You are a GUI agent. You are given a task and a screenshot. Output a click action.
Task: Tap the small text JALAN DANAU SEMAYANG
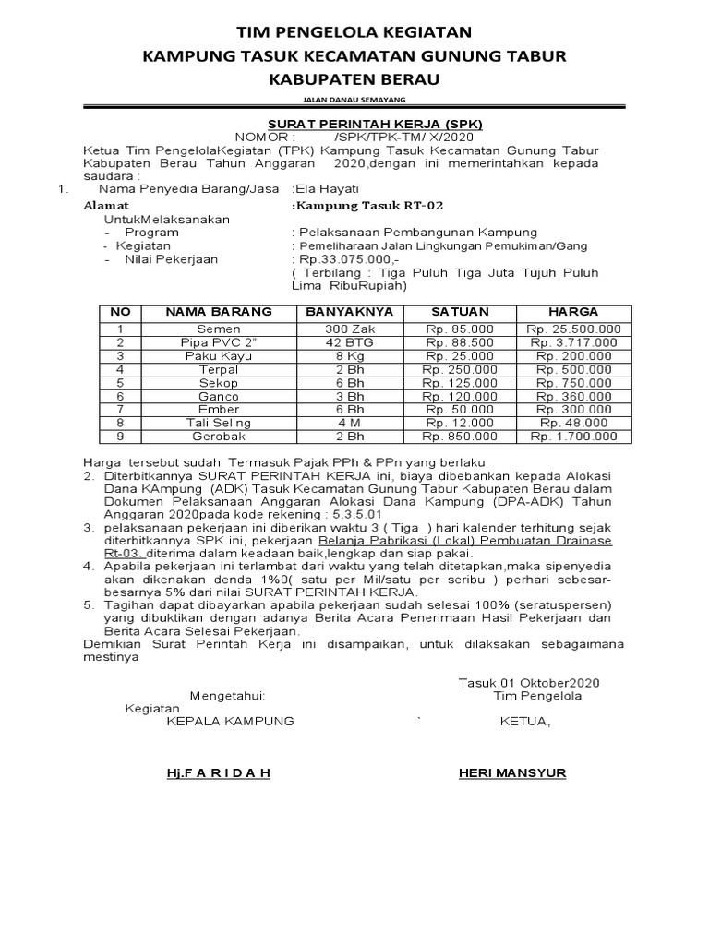[x=354, y=99]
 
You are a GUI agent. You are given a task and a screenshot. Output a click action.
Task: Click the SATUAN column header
[x=459, y=312]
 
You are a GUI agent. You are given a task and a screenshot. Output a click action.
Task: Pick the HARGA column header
[x=572, y=312]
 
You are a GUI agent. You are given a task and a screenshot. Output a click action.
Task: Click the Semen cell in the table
[x=218, y=329]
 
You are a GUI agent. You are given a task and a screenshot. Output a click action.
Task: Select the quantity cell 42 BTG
[x=349, y=342]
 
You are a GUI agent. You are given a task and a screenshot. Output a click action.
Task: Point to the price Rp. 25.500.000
[x=573, y=329]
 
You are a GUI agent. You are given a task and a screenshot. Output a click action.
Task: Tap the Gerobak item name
[x=218, y=437]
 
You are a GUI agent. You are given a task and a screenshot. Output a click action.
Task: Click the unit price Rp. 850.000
[x=459, y=437]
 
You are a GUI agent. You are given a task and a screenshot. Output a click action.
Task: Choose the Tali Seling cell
[x=218, y=423]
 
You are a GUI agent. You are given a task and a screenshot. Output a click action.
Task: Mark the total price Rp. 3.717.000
[x=573, y=342]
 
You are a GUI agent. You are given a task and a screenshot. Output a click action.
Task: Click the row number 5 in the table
[x=119, y=383]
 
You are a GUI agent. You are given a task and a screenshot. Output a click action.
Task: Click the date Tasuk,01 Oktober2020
[x=529, y=682]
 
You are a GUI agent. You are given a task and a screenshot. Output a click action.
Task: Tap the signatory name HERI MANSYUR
[x=512, y=772]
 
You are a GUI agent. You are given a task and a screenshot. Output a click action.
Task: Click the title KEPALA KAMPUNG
[x=230, y=721]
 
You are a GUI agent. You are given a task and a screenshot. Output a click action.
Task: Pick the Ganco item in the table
[x=218, y=396]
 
